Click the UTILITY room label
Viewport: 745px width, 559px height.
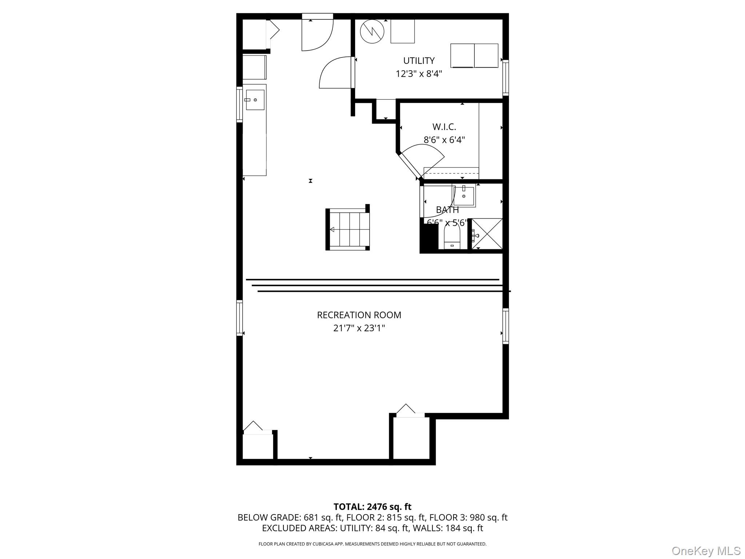419,60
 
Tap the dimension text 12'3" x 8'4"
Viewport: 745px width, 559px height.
419,74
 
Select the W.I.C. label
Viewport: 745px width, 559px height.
444,127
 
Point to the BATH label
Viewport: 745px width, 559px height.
447,210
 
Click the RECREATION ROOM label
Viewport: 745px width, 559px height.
359,315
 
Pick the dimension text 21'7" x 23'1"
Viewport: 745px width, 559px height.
359,328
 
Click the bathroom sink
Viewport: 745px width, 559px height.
464,196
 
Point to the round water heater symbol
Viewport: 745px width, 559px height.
372,31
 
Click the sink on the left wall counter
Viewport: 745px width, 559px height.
255,100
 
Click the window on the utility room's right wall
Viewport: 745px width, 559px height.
505,78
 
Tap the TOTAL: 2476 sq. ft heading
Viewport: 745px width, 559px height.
372,507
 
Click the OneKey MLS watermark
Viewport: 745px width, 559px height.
706,551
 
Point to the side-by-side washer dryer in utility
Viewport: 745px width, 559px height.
474,56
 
